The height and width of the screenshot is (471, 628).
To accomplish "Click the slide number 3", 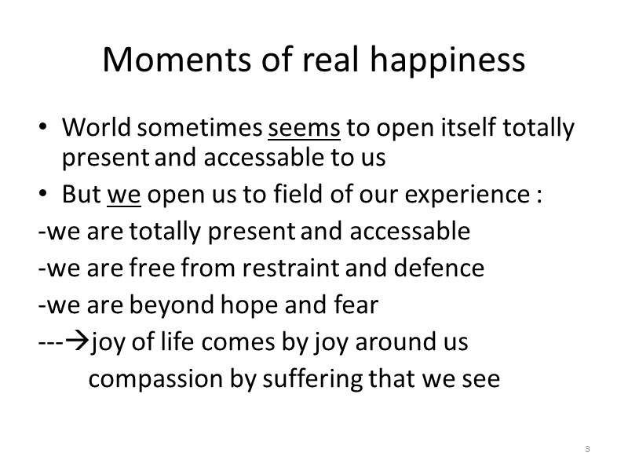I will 587,449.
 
